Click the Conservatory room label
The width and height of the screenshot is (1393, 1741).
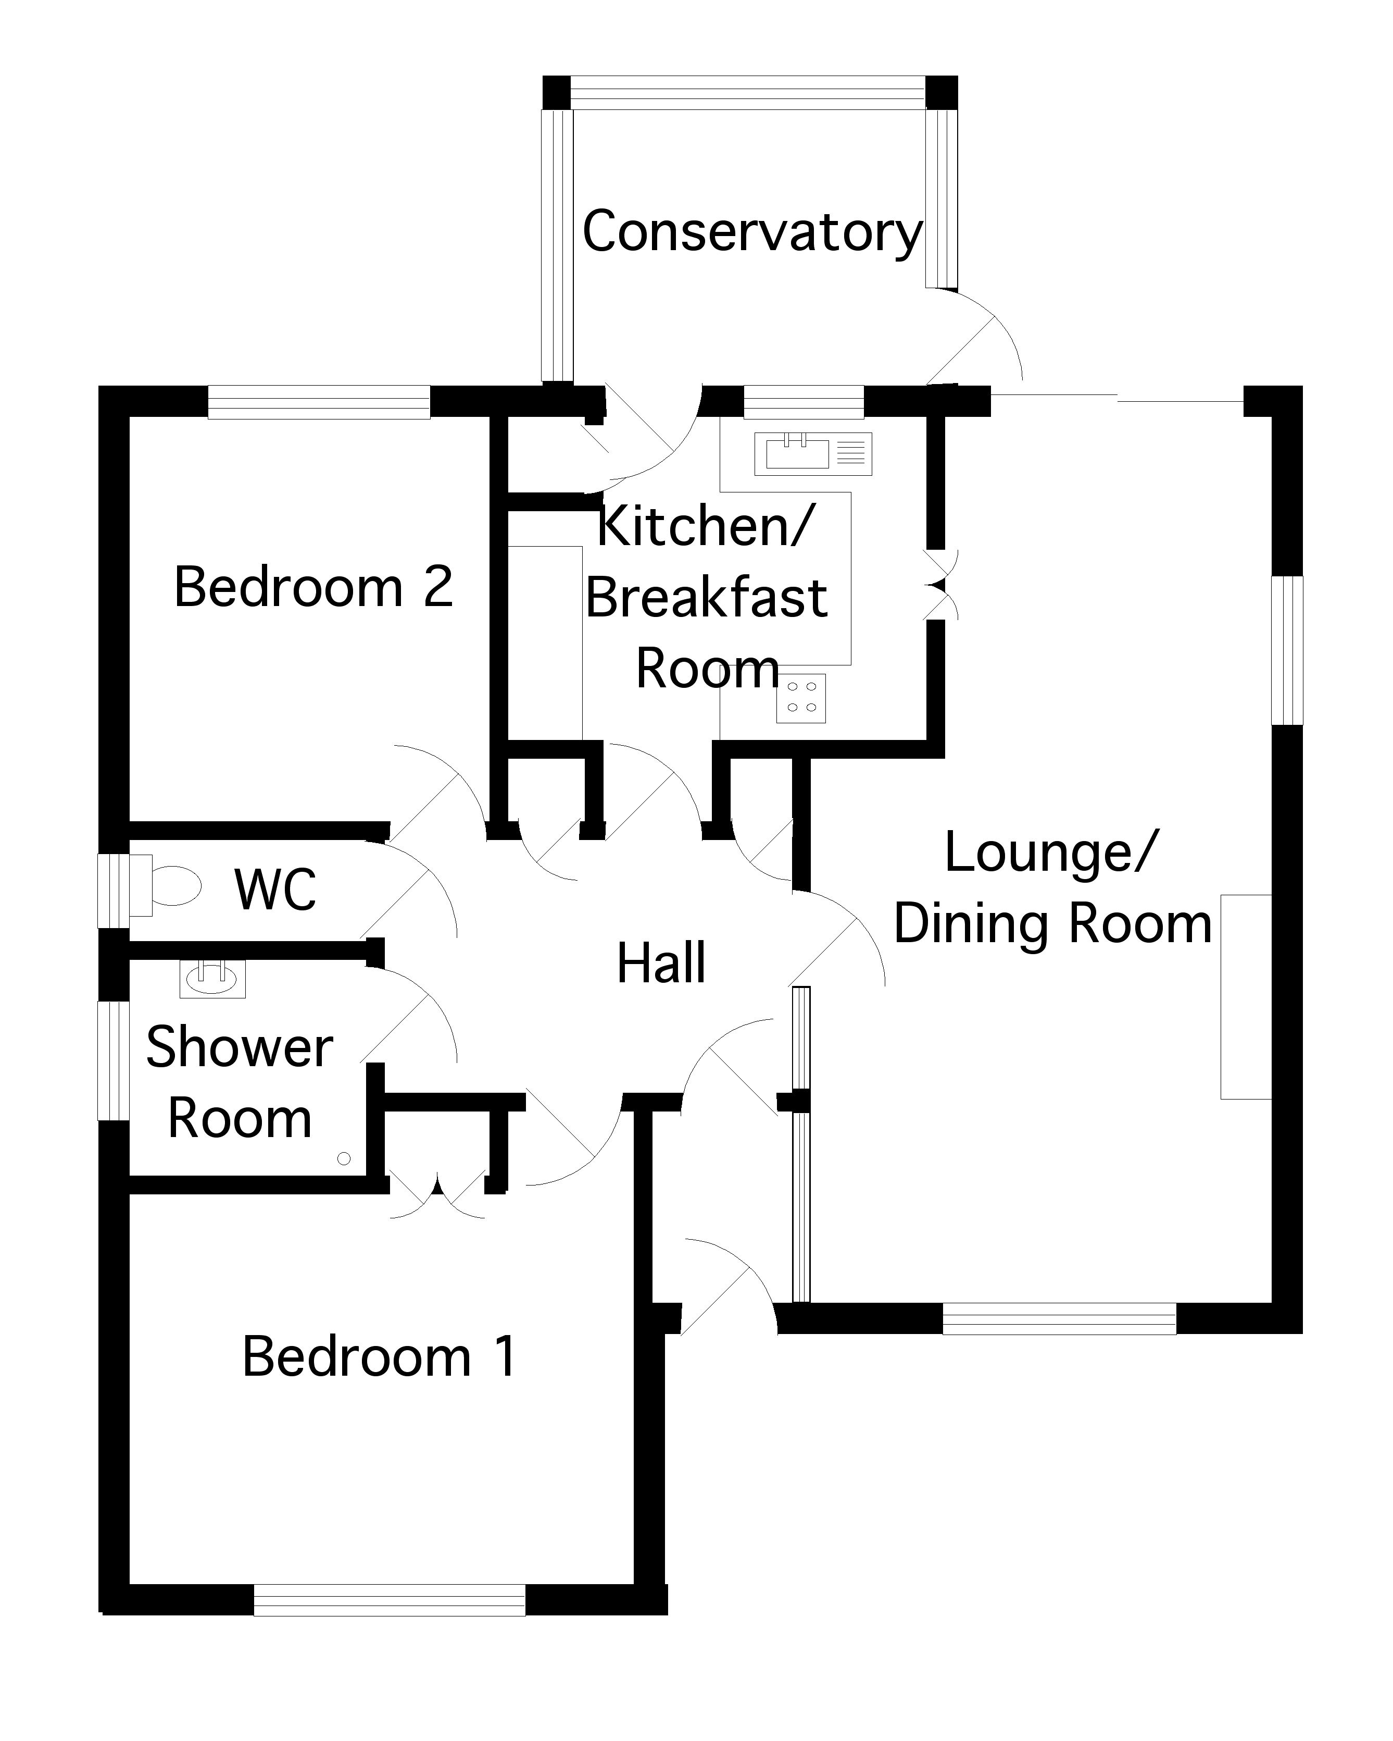tap(751, 232)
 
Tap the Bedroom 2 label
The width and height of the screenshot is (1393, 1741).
tap(313, 587)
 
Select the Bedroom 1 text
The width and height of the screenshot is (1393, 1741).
tap(379, 1356)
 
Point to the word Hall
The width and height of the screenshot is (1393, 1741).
tap(661, 964)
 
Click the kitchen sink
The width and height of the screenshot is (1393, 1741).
tap(813, 454)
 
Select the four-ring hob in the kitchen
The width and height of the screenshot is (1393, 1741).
tap(801, 698)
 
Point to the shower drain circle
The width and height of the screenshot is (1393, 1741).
tap(344, 1159)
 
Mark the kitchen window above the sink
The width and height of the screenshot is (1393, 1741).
tap(803, 402)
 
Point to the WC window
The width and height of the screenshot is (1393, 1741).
tap(113, 890)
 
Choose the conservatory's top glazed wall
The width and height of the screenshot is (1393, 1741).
tap(748, 92)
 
